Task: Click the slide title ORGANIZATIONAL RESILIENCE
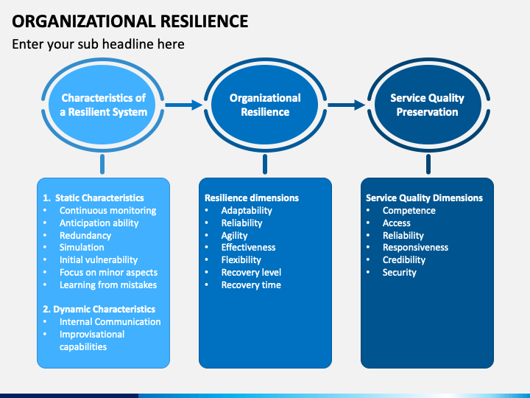click(130, 21)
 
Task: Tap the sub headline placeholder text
click(98, 44)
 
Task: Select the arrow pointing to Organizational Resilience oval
click(183, 105)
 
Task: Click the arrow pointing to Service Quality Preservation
click(347, 105)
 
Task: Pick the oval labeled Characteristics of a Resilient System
click(103, 105)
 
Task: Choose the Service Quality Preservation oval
click(428, 105)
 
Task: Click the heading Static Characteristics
click(99, 198)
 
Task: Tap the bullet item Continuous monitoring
click(107, 211)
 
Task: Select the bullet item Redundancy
click(85, 236)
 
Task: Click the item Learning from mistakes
click(108, 285)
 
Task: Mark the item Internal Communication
click(110, 322)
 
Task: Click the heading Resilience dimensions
click(252, 198)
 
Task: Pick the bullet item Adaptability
click(247, 211)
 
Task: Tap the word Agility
click(234, 236)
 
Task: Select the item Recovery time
click(251, 285)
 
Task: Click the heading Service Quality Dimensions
click(424, 198)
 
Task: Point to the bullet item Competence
click(409, 211)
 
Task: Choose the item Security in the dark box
click(399, 273)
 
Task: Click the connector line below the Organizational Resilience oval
click(265, 164)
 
